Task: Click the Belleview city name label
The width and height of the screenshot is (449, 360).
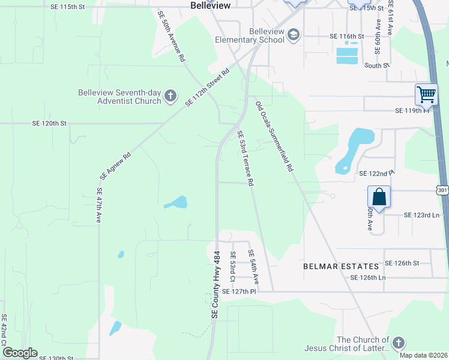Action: [x=211, y=5]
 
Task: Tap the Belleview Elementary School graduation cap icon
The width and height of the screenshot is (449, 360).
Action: [x=294, y=34]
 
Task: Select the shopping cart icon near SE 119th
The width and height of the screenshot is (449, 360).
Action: [x=426, y=94]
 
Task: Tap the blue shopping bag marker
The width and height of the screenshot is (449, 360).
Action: [x=379, y=196]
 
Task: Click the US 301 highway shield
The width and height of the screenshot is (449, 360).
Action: [x=442, y=190]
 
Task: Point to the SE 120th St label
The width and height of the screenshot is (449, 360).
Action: [x=49, y=123]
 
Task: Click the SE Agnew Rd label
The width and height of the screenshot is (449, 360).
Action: [x=115, y=167]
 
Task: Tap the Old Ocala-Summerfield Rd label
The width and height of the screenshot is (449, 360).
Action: [x=274, y=137]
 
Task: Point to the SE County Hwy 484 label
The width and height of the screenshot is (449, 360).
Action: [x=215, y=284]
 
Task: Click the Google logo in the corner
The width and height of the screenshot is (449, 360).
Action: [x=20, y=353]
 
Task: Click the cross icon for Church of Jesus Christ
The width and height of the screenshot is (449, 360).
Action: [x=397, y=343]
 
